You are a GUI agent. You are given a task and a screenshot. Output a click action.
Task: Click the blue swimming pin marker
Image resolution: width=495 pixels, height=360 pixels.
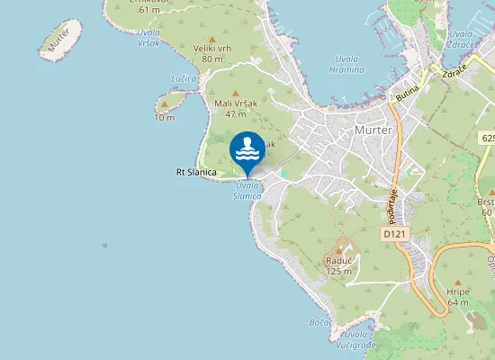pos(247,151)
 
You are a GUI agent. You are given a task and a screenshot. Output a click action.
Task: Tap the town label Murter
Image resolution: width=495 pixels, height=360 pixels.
pos(373,130)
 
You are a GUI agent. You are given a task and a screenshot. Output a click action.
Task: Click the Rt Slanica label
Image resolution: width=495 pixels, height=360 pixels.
pos(194,172)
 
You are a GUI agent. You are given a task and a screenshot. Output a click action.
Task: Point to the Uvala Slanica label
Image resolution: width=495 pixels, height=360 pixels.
pos(247,190)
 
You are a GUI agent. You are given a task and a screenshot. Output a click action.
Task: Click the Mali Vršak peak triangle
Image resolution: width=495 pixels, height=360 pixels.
pos(237,93)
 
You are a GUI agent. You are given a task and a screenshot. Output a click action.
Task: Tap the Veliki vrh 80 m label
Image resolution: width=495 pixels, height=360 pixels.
pos(212,52)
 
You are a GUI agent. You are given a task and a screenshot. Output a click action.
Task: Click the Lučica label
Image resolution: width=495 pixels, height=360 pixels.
pos(184,78)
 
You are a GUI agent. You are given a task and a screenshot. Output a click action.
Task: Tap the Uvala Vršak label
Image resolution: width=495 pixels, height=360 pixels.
pos(148,37)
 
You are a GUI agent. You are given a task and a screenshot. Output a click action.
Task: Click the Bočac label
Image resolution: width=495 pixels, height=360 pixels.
pos(321,321)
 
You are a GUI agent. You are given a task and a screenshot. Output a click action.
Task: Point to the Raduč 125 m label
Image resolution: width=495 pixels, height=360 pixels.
pos(338,265)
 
